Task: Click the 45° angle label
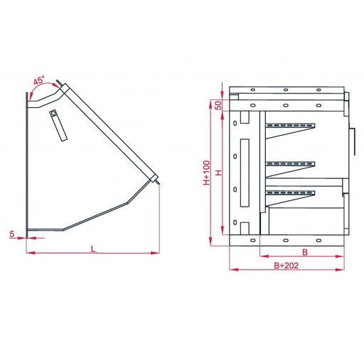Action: [38, 80]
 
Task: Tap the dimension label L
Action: [93, 249]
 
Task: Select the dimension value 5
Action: [12, 234]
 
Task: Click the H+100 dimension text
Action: [207, 173]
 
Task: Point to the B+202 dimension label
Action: [286, 266]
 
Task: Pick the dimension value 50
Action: [219, 105]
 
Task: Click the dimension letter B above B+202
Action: [305, 252]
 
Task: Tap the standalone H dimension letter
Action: [219, 173]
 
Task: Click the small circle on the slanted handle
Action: [53, 113]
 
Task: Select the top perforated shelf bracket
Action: [290, 131]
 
